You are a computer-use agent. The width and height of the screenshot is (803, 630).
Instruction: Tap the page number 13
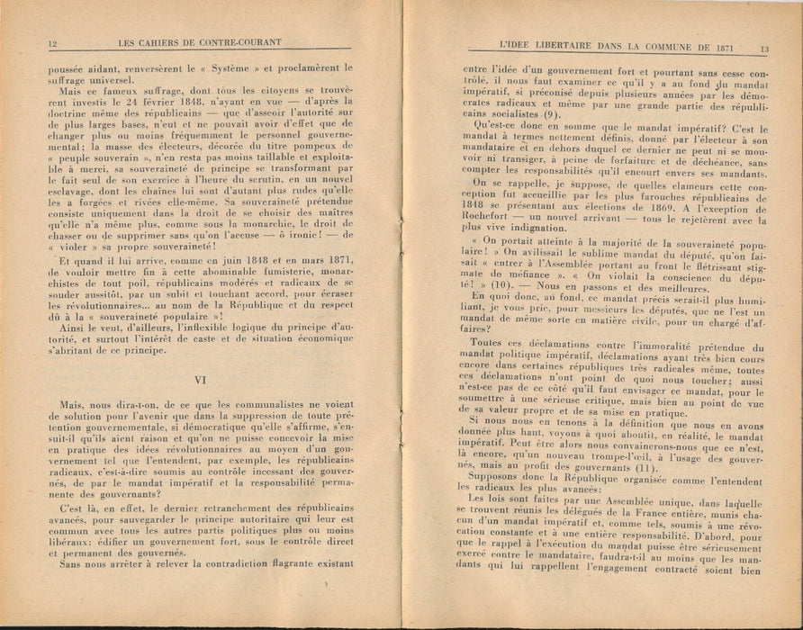[763, 49]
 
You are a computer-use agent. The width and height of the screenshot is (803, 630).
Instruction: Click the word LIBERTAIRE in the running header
[551, 49]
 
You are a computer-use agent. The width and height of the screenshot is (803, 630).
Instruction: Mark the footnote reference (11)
[625, 467]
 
